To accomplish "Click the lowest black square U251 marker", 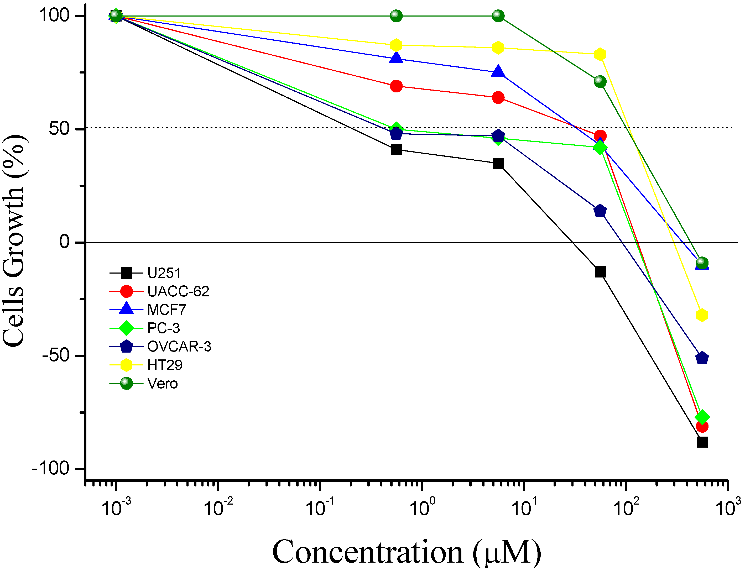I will pyautogui.click(x=702, y=442).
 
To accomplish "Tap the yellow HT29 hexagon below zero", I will pyautogui.click(x=702, y=315).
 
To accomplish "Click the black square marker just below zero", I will pyautogui.click(x=600, y=272).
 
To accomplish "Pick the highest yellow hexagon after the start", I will pyautogui.click(x=396, y=45).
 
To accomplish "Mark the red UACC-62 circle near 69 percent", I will pyautogui.click(x=396, y=86).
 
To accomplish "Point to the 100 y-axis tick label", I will pyautogui.click(x=54, y=16).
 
